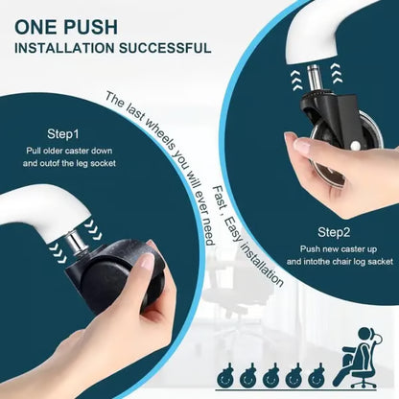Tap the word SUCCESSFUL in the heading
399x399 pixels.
(x=165, y=48)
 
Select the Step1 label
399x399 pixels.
(x=63, y=134)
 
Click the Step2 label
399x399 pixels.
(x=334, y=232)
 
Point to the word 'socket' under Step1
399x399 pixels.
(x=103, y=163)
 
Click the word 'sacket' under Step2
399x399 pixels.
(x=380, y=261)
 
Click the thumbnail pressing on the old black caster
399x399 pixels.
(x=148, y=262)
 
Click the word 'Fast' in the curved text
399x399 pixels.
(x=221, y=198)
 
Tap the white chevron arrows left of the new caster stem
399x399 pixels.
(x=296, y=80)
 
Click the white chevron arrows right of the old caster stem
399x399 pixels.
(x=92, y=229)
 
